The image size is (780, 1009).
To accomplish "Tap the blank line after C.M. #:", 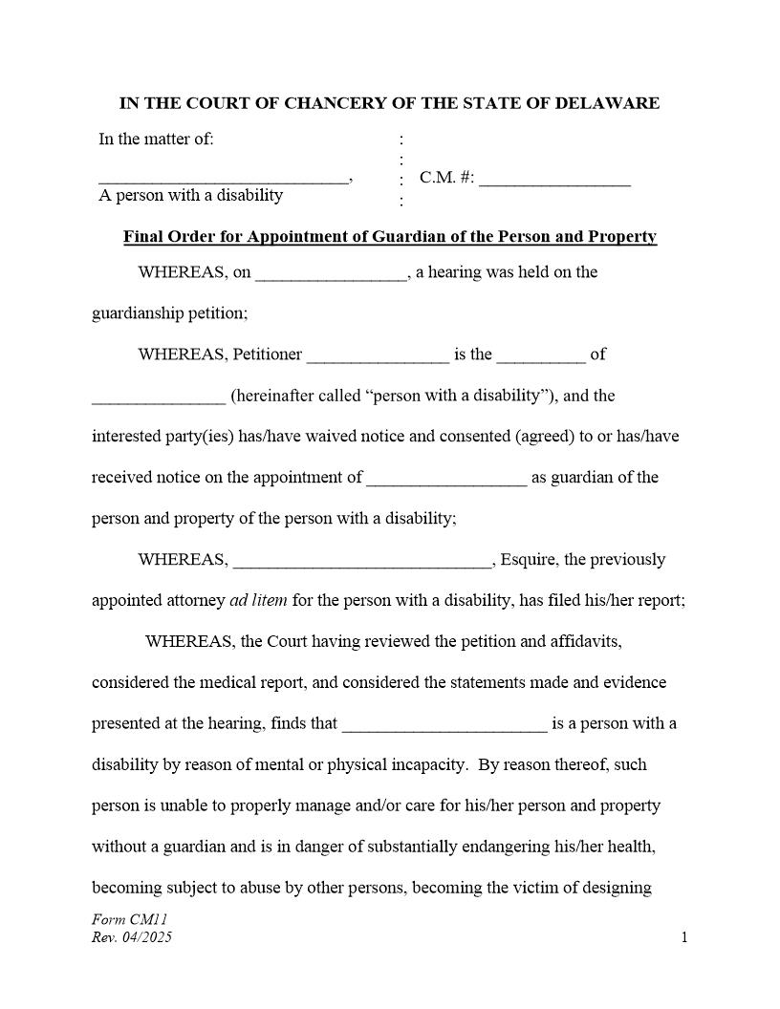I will tap(554, 180).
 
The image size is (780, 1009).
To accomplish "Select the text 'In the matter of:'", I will tap(156, 140).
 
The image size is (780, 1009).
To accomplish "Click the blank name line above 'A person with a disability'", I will tap(224, 180).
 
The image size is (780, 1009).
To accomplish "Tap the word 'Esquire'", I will tap(529, 560).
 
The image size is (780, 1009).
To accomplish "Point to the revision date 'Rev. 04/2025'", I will tap(132, 937).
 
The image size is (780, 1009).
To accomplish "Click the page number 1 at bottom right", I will tap(684, 937).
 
